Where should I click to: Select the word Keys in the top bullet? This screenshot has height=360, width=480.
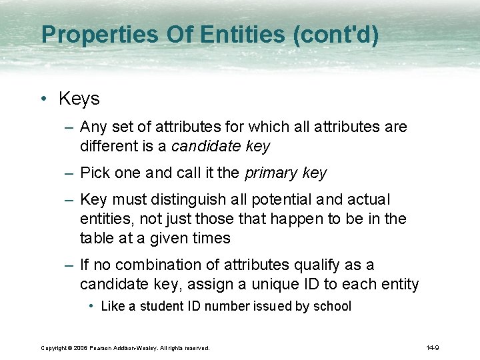pyautogui.click(x=79, y=99)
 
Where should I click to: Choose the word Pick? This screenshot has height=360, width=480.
pyautogui.click(x=94, y=173)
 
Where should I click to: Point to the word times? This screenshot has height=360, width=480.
pyautogui.click(x=212, y=238)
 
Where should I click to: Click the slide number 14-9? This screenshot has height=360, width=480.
pyautogui.click(x=433, y=348)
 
